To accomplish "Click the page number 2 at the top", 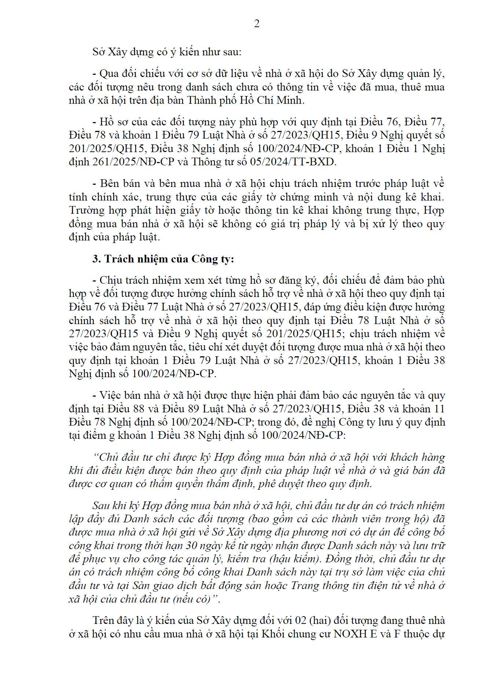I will click(256, 24).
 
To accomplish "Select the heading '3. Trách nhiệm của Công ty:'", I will click(163, 259).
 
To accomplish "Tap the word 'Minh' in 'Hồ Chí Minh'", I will click(290, 100).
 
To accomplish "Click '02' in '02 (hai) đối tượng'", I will click(300, 620).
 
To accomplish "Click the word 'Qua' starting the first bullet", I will click(108, 74).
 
